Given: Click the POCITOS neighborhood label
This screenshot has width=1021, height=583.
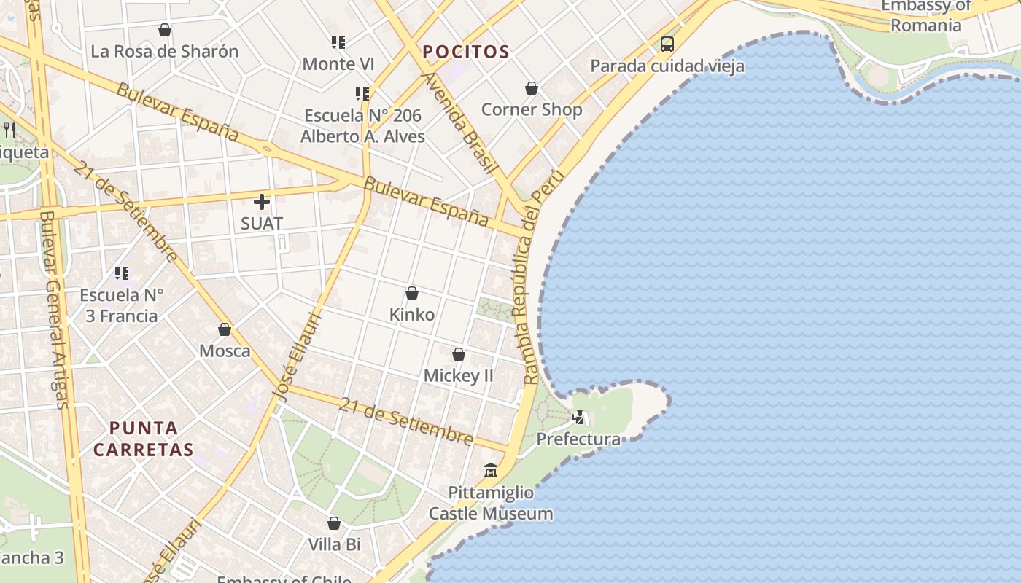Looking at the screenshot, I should [465, 52].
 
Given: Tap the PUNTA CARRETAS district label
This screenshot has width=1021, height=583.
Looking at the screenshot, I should [144, 439].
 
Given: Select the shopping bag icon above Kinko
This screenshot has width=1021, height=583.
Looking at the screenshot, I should [412, 293].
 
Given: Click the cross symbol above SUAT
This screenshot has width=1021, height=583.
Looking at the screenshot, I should [262, 202].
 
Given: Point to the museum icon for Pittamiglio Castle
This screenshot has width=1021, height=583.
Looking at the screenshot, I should [491, 471].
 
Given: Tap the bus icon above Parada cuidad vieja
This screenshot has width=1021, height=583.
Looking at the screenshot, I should [667, 44].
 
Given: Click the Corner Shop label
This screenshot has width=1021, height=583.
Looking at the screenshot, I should [532, 110].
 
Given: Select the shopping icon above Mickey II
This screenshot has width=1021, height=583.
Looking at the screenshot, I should [459, 354].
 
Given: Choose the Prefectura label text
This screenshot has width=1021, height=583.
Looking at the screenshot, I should [578, 439].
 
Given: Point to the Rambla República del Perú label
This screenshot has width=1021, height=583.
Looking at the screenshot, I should [539, 277].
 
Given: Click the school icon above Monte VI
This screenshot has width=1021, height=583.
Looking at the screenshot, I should [338, 42].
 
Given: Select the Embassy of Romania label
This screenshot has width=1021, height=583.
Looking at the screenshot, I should [925, 15].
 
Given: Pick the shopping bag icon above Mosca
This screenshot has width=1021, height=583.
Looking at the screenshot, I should [225, 329].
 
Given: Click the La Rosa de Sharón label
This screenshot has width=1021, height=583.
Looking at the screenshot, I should [165, 52].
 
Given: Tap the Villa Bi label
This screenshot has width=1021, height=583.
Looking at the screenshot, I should [334, 544].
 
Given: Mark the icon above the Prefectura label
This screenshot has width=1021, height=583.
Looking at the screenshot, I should [579, 418].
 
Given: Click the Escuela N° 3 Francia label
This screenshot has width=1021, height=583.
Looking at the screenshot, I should [121, 305].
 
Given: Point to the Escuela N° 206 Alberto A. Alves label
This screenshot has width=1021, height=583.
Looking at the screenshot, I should [362, 126].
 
